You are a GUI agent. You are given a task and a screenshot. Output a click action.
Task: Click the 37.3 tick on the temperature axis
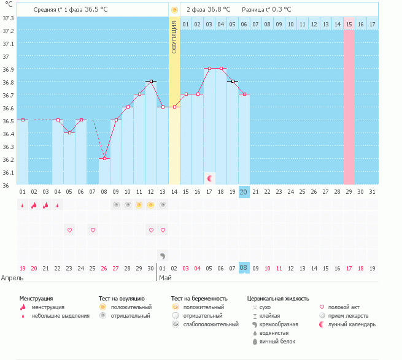8,18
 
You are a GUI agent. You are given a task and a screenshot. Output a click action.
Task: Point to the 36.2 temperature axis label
8,160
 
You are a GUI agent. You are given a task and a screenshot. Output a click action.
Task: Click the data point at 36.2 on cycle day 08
104,159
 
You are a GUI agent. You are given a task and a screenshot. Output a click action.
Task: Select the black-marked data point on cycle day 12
151,81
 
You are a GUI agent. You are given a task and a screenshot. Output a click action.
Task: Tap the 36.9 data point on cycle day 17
209,69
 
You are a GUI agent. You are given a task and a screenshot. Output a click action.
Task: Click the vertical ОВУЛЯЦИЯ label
174,37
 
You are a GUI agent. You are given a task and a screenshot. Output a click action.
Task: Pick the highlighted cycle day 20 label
243,192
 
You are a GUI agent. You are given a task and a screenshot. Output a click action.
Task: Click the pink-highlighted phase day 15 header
349,24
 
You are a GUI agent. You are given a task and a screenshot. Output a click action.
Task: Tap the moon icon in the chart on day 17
210,178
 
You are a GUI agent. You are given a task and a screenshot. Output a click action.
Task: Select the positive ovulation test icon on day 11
139,205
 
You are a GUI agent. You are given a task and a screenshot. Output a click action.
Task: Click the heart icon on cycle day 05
69,230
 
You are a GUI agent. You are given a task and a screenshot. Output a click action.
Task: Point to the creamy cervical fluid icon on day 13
162,256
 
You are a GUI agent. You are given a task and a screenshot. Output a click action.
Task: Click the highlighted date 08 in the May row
243,268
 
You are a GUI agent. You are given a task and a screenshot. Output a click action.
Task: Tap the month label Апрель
12,278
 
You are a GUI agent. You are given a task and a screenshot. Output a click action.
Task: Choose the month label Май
165,278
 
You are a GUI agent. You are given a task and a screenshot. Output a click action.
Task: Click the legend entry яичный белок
277,342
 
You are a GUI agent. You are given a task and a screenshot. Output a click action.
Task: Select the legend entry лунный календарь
352,324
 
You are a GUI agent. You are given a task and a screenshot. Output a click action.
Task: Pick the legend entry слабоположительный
211,324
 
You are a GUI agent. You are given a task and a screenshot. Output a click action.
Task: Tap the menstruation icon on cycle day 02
34,205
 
